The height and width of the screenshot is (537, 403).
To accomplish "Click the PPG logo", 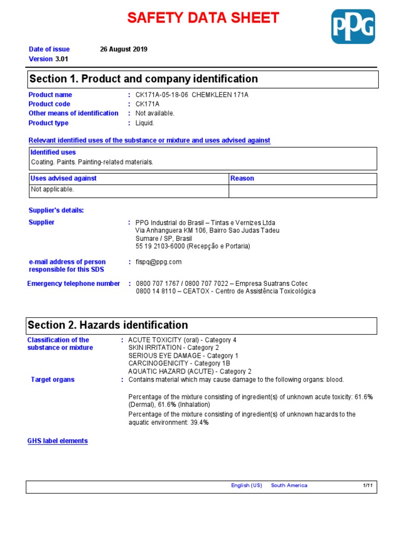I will click(x=353, y=26).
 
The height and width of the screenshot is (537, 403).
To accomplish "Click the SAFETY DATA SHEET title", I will click(x=204, y=18).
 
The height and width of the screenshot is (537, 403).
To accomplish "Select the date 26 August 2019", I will click(x=124, y=49).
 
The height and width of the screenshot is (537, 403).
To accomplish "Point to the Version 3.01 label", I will click(x=48, y=59).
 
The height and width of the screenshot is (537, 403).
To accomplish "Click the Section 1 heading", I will click(x=144, y=79).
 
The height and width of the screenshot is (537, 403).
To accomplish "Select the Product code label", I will click(x=49, y=104).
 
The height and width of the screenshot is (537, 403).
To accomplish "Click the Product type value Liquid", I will click(x=145, y=123).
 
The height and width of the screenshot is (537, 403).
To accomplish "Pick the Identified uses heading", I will click(x=53, y=152).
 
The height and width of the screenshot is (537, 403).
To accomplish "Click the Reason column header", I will click(x=242, y=178).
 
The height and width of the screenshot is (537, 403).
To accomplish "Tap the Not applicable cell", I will click(x=52, y=189).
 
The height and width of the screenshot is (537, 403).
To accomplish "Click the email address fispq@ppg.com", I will click(x=158, y=262).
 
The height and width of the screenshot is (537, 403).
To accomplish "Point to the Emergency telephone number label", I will click(x=73, y=284).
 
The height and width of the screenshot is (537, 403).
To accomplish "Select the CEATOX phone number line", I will click(x=226, y=292).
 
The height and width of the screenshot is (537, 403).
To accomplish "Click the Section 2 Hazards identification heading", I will click(x=108, y=325).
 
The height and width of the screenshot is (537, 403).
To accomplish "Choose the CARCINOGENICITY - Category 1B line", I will click(x=179, y=363).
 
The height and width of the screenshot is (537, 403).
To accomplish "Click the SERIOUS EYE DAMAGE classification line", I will click(x=183, y=356).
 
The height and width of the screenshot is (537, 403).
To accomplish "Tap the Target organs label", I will click(x=52, y=379).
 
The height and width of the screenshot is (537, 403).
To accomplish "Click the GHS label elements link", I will click(x=58, y=441).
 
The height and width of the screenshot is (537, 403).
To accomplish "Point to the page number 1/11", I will click(x=367, y=486).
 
